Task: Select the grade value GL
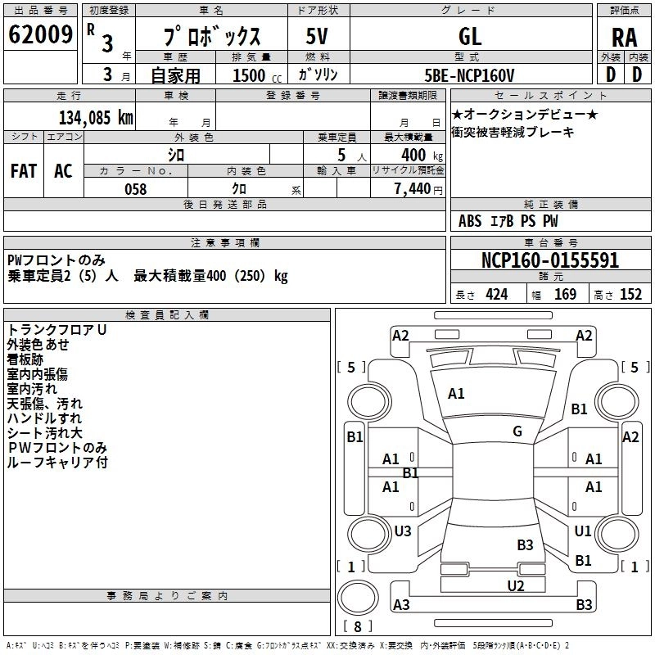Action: click(471, 36)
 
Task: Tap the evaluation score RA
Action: click(624, 38)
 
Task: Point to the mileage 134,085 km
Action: click(96, 117)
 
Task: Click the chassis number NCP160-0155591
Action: click(549, 261)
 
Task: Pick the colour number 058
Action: click(135, 189)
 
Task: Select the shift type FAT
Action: click(24, 171)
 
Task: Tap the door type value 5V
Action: click(317, 36)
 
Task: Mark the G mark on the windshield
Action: click(517, 431)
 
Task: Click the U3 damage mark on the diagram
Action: click(403, 531)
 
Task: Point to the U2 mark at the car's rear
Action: click(515, 585)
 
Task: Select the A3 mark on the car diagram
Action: click(401, 605)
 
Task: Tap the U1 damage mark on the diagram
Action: click(583, 531)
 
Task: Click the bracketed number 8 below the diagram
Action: click(357, 628)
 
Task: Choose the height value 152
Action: click(630, 295)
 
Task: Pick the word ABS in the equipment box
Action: click(470, 221)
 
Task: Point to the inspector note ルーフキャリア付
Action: click(57, 463)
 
